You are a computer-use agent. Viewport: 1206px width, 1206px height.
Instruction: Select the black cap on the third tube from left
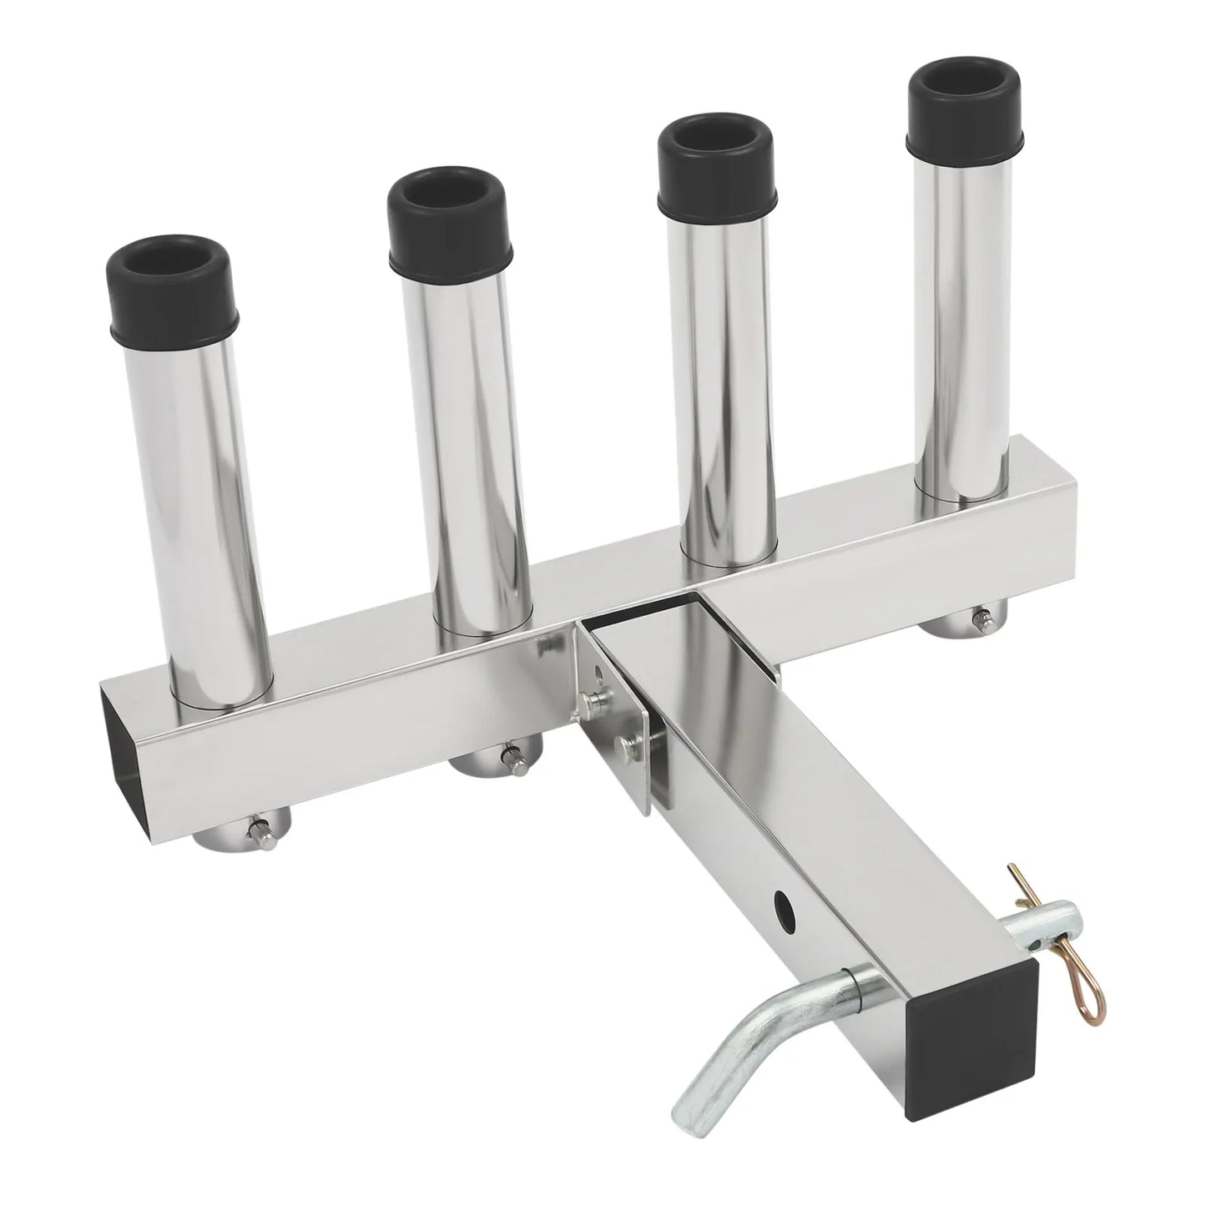718,170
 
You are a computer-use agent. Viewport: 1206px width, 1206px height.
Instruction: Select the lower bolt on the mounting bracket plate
621,744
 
